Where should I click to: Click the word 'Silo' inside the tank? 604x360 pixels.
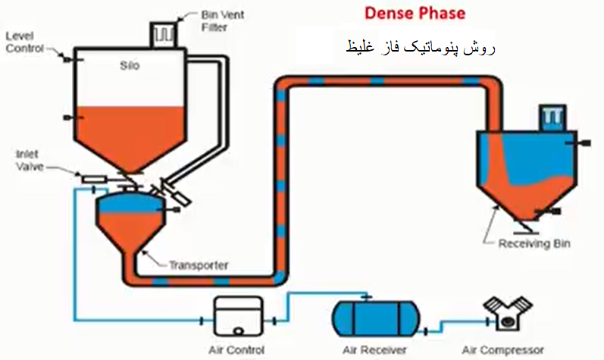pyautogui.click(x=130, y=65)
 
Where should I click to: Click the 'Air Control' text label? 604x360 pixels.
pyautogui.click(x=236, y=349)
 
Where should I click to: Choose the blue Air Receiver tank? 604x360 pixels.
pyautogui.click(x=376, y=318)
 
